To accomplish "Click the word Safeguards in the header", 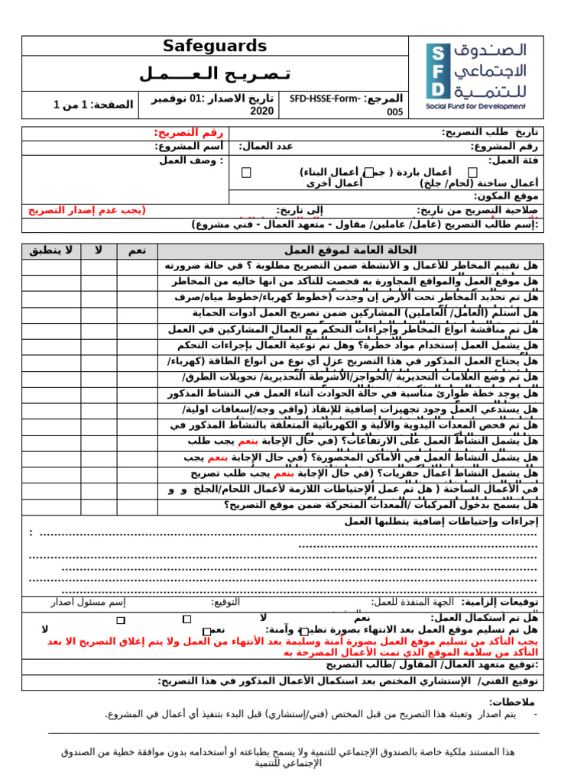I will pos(215,46).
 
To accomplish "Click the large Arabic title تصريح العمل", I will pos(215,74).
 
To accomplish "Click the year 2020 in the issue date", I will pos(262,111).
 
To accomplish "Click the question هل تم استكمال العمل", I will pos(484,617).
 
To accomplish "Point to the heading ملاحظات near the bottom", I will pos(512,701).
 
